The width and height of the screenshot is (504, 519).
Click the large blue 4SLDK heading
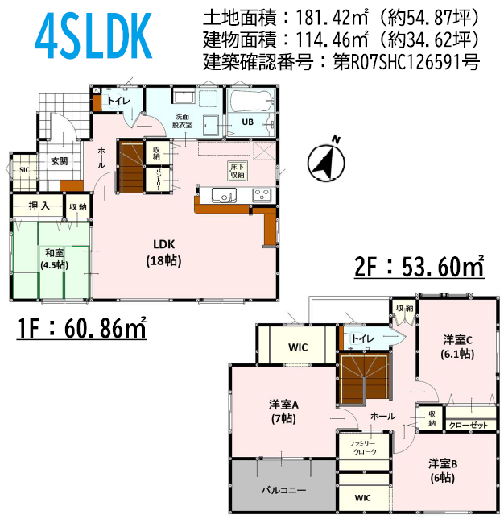pos(93,35)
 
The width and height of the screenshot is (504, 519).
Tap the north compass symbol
pos(326,160)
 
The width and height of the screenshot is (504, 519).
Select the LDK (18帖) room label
pos(163,252)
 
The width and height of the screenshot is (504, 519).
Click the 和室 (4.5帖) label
pos(54,259)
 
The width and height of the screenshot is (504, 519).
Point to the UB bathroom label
pos(247,122)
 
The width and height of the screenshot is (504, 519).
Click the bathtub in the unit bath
pos(252,100)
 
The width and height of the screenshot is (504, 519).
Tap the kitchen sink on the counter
pos(224,195)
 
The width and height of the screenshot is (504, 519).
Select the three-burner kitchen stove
pos(262,195)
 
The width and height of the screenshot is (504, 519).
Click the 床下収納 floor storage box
pos(238,171)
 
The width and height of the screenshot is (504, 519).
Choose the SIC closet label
pos(24,170)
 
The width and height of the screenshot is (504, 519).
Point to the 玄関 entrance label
pos(60,161)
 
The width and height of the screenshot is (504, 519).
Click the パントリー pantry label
pos(158,181)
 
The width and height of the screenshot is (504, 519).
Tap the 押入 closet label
pos(39,206)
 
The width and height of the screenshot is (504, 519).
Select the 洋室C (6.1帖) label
pos(457,347)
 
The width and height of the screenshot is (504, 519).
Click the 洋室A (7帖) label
pos(283,412)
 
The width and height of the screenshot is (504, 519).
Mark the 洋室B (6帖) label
pos(443,471)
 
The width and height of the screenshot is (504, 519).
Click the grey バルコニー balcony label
pos(283,490)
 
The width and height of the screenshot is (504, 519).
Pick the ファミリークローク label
pos(361,447)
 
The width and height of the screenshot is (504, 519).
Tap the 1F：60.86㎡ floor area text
pos(81,328)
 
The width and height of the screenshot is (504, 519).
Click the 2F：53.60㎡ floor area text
pos(419,266)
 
